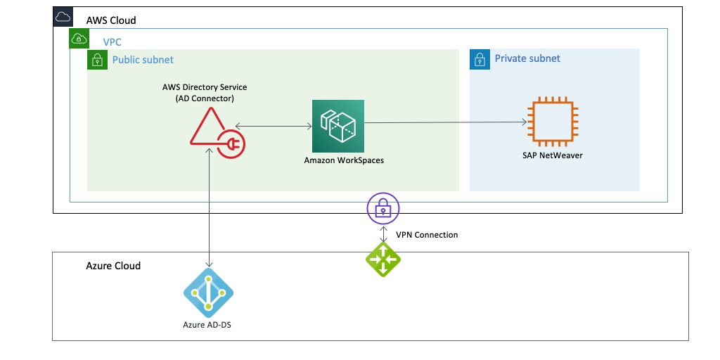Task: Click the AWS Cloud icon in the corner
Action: coord(63,17)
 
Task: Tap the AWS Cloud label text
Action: coord(111,20)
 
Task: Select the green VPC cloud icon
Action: coord(79,39)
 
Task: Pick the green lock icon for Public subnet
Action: coord(96,60)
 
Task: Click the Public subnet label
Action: coord(143,60)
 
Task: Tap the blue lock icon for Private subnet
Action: coord(479,59)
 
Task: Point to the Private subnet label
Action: coord(527,58)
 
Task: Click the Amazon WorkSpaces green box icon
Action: coord(338,125)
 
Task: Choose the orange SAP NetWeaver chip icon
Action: coord(553,122)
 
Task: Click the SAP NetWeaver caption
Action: coord(552,155)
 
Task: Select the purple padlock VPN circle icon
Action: coord(382,207)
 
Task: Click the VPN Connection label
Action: coord(427,235)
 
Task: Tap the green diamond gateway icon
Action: coord(383,259)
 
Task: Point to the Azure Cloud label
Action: coord(113,266)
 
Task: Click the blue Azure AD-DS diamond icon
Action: coord(208,293)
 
